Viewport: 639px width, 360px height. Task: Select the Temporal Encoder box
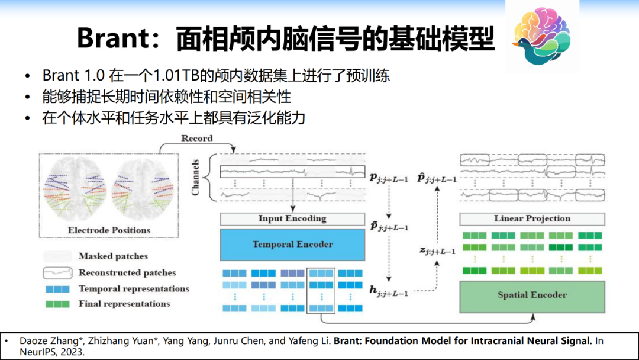coord(292,244)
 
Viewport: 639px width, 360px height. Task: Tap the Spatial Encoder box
coord(532,295)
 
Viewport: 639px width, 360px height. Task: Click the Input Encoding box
coord(292,218)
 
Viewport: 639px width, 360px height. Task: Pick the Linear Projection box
coord(532,218)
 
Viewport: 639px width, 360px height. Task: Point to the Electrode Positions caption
coord(109,230)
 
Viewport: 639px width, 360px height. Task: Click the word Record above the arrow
coord(197,139)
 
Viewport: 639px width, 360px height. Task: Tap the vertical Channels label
coord(195,176)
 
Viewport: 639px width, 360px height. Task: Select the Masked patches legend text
coord(113,256)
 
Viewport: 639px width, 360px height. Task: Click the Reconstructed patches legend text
coord(127,273)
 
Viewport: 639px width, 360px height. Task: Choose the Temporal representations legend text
coord(134,289)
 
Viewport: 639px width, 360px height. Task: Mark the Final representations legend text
coord(124,304)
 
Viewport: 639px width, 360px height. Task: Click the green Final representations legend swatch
coord(57,304)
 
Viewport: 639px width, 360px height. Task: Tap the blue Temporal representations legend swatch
coord(57,289)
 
